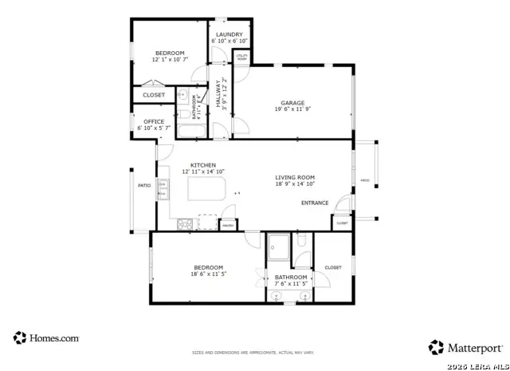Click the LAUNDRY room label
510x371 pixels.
tap(229, 34)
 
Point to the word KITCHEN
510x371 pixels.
tap(202, 165)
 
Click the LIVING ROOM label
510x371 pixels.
tap(295, 177)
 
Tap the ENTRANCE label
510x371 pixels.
tap(315, 203)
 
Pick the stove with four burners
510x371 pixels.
tap(186, 224)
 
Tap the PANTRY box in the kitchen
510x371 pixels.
tap(227, 225)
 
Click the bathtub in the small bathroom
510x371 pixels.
tap(191, 132)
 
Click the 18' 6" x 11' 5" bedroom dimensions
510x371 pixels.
tap(209, 274)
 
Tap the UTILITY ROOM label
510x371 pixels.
tap(241, 57)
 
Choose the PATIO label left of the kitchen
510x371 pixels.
tap(144, 185)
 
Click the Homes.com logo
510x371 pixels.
tap(46, 337)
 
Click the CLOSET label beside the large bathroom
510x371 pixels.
tap(332, 267)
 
